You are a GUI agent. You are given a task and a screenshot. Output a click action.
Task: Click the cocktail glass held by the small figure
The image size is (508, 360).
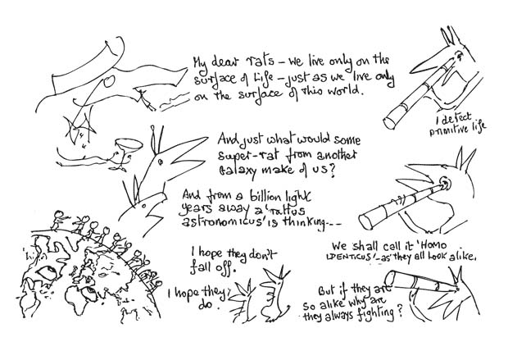121,147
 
